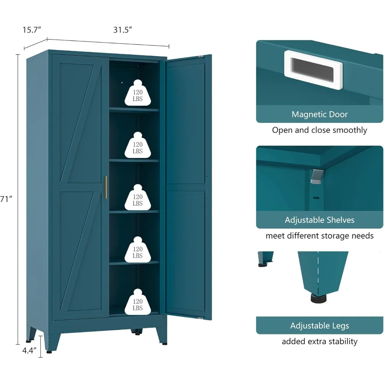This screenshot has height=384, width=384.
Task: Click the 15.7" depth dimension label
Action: click(32, 30)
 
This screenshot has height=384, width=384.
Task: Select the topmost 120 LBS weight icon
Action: click(137, 93)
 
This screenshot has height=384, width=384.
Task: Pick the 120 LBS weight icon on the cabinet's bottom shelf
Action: click(137, 302)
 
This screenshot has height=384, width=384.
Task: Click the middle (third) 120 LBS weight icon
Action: click(137, 197)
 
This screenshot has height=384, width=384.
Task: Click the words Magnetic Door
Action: click(319, 114)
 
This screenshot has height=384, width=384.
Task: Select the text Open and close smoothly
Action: click(319, 130)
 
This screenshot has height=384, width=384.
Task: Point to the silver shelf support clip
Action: click(316, 176)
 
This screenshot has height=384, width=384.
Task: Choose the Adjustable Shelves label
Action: click(319, 220)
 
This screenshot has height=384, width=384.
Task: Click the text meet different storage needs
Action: click(319, 236)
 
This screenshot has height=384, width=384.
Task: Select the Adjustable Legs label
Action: click(319, 326)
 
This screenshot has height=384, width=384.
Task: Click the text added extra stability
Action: click(319, 341)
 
